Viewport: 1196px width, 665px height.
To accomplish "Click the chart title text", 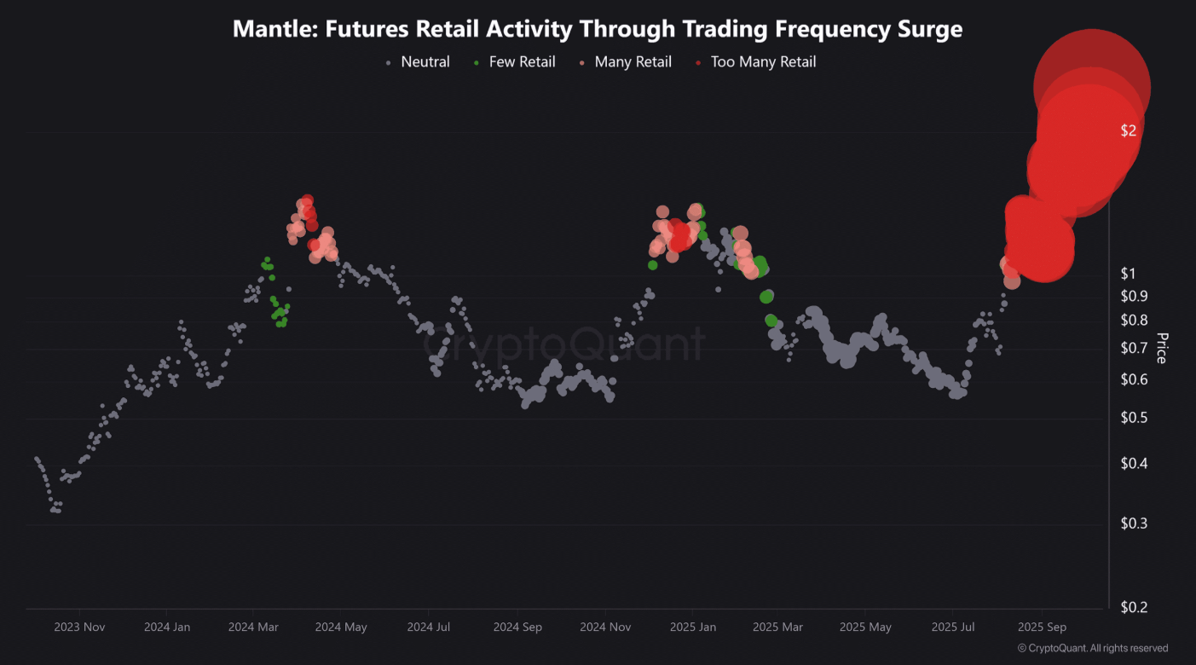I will (x=598, y=29).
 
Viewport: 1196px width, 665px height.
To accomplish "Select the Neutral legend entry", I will (x=425, y=62).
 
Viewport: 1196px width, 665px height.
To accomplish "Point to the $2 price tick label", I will (x=1129, y=130).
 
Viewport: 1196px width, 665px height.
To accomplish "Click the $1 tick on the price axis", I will (x=1129, y=274).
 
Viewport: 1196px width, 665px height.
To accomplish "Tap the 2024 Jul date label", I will (x=428, y=627).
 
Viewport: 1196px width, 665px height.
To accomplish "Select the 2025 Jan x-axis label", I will (x=692, y=627).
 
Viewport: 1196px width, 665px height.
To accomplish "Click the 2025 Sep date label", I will (x=1042, y=627).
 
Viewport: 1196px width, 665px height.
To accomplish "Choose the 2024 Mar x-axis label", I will (x=253, y=627).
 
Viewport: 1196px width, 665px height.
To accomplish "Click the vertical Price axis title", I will (x=1161, y=348).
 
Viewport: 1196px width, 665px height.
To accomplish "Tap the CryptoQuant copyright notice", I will (x=1093, y=649).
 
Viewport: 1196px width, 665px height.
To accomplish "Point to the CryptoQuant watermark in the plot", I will (x=564, y=344).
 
